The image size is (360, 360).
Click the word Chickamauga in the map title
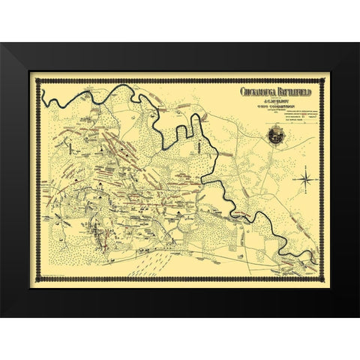pos(259,92)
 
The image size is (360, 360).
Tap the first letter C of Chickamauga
pos(242,92)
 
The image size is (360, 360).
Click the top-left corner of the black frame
pos(1,44)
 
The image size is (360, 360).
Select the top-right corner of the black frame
pos(358,44)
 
